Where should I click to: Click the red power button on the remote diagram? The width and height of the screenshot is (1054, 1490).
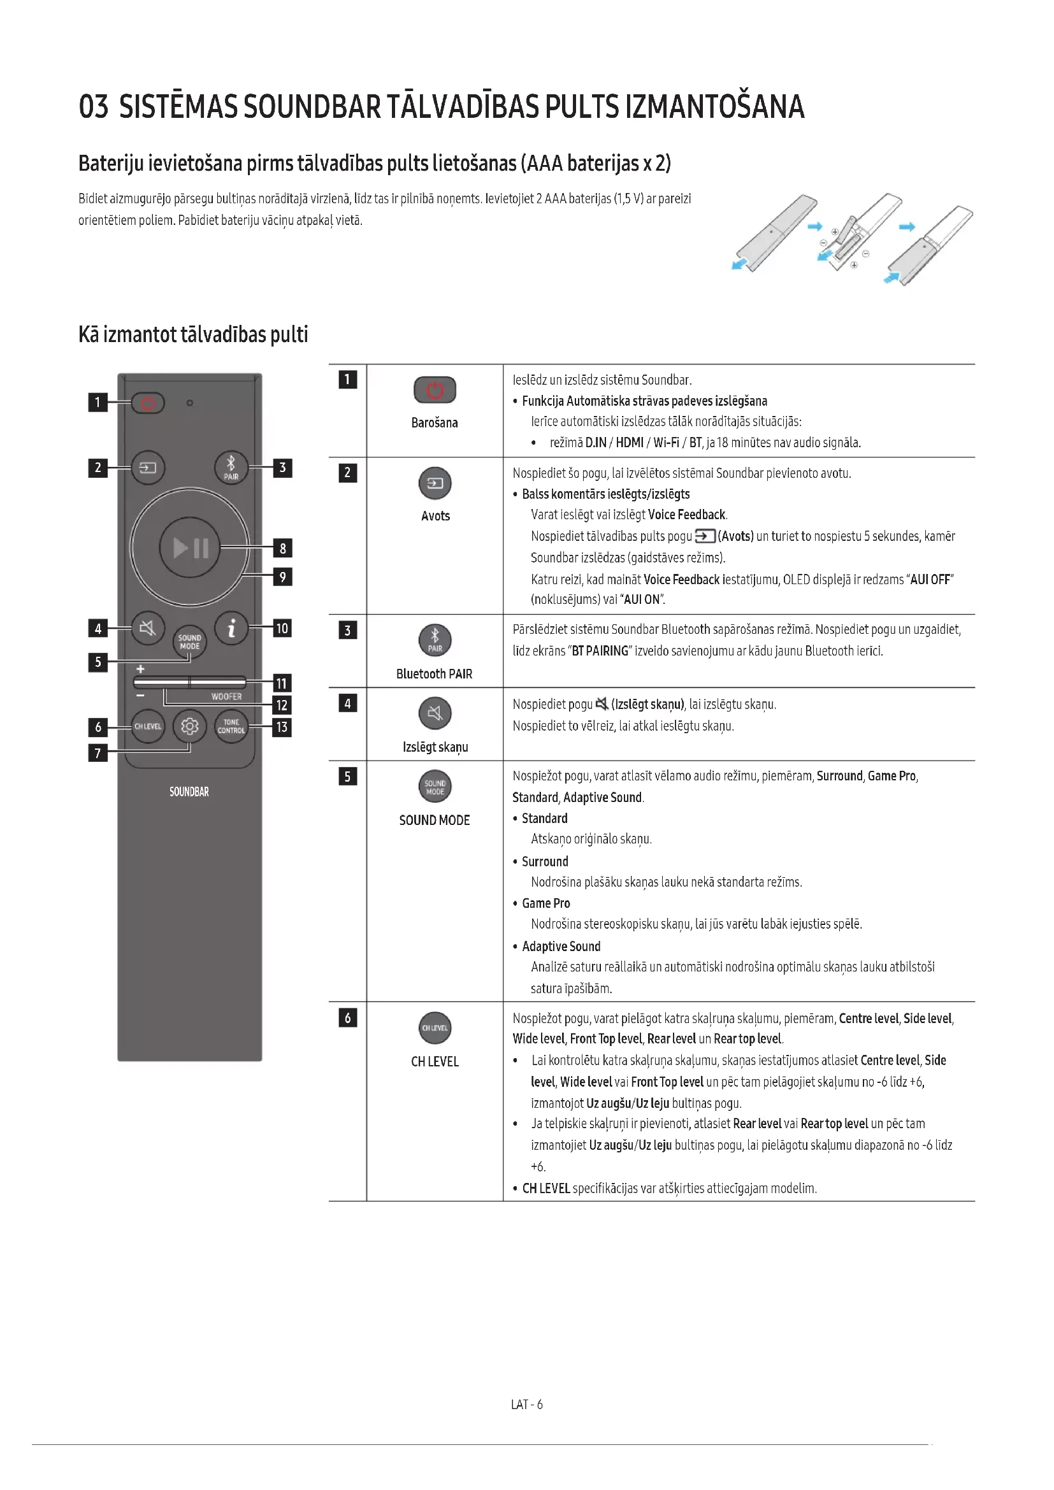pos(148,403)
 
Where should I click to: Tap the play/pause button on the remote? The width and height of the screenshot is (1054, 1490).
pos(190,548)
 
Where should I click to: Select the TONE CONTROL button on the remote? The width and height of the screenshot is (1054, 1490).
pos(231,726)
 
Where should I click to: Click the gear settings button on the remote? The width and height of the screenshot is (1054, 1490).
pos(189,726)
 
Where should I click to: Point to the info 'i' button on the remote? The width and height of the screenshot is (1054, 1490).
pos(231,628)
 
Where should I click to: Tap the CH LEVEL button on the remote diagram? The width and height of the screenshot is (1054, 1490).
pos(148,726)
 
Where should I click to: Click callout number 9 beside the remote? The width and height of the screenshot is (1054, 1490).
pos(282,577)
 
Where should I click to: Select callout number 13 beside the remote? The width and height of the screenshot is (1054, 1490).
pos(282,727)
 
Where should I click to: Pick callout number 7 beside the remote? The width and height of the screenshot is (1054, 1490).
pos(98,753)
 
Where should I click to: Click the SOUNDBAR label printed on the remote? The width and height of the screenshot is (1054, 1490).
pos(189,792)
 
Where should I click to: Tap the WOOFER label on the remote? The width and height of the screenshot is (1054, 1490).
pos(226,696)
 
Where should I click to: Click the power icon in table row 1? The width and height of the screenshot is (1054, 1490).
pos(435,390)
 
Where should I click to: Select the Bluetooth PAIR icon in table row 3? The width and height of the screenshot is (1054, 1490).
pos(435,640)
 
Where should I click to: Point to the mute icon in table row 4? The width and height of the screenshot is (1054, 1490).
pos(435,713)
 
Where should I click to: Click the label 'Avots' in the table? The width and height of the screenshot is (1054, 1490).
pos(435,516)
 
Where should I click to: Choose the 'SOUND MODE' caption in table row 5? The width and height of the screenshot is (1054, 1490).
pos(434,820)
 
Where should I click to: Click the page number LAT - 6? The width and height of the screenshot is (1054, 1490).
pos(526,1405)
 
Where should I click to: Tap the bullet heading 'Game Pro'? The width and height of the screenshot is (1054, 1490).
pos(546,903)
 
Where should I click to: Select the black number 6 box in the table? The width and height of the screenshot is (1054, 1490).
pos(347,1018)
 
